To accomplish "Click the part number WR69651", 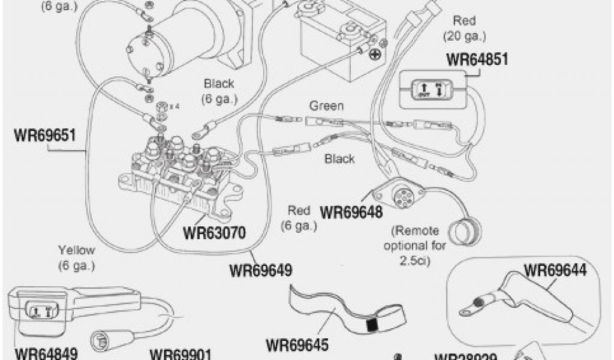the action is pyautogui.click(x=44, y=134).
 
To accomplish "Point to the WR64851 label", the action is pyautogui.click(x=477, y=60).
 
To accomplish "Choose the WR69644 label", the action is pyautogui.click(x=555, y=269).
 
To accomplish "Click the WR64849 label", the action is pyautogui.click(x=46, y=352).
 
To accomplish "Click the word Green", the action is pyautogui.click(x=326, y=106).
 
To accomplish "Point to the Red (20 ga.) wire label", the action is pyautogui.click(x=465, y=28).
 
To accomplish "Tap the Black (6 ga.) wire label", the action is pyautogui.click(x=219, y=91).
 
